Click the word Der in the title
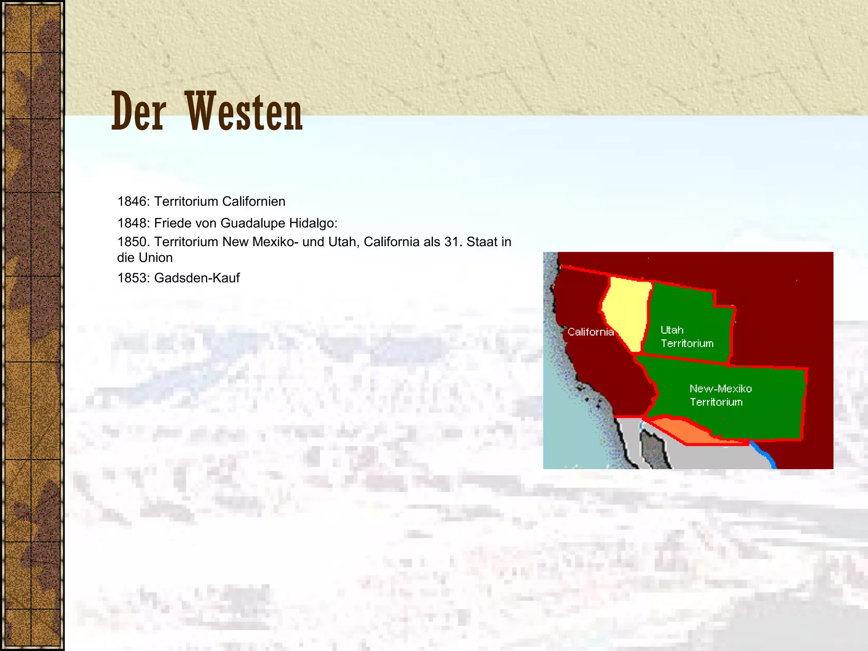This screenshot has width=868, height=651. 138,111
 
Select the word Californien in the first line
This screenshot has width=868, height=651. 253,201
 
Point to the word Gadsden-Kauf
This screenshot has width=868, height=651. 197,278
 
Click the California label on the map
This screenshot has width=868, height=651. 590,332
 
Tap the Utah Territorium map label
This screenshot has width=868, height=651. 687,337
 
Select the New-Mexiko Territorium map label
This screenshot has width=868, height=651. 720,395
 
